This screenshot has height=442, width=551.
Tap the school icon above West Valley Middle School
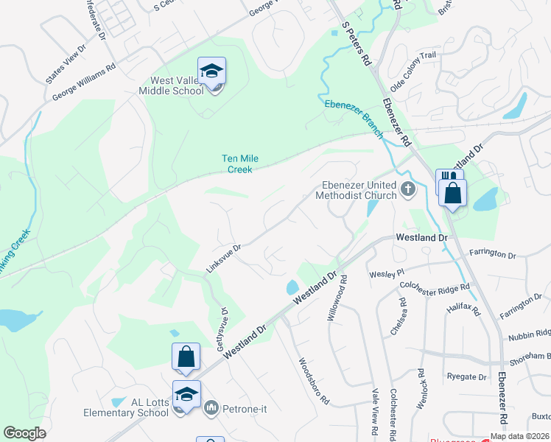coord(212,71)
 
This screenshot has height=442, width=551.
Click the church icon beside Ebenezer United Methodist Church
coord(407,191)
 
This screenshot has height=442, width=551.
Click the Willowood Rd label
coord(337,298)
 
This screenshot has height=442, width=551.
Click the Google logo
coord(24,433)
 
